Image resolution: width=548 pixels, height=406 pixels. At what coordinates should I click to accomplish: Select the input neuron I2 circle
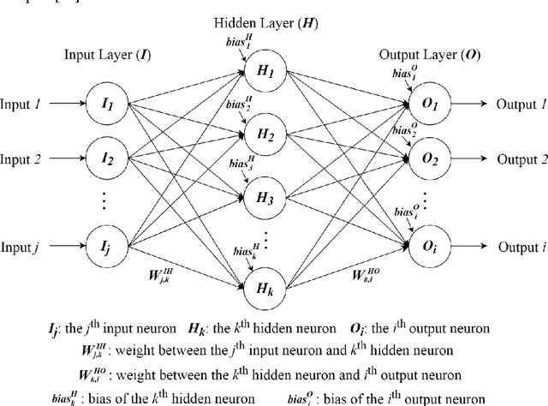(108, 159)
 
